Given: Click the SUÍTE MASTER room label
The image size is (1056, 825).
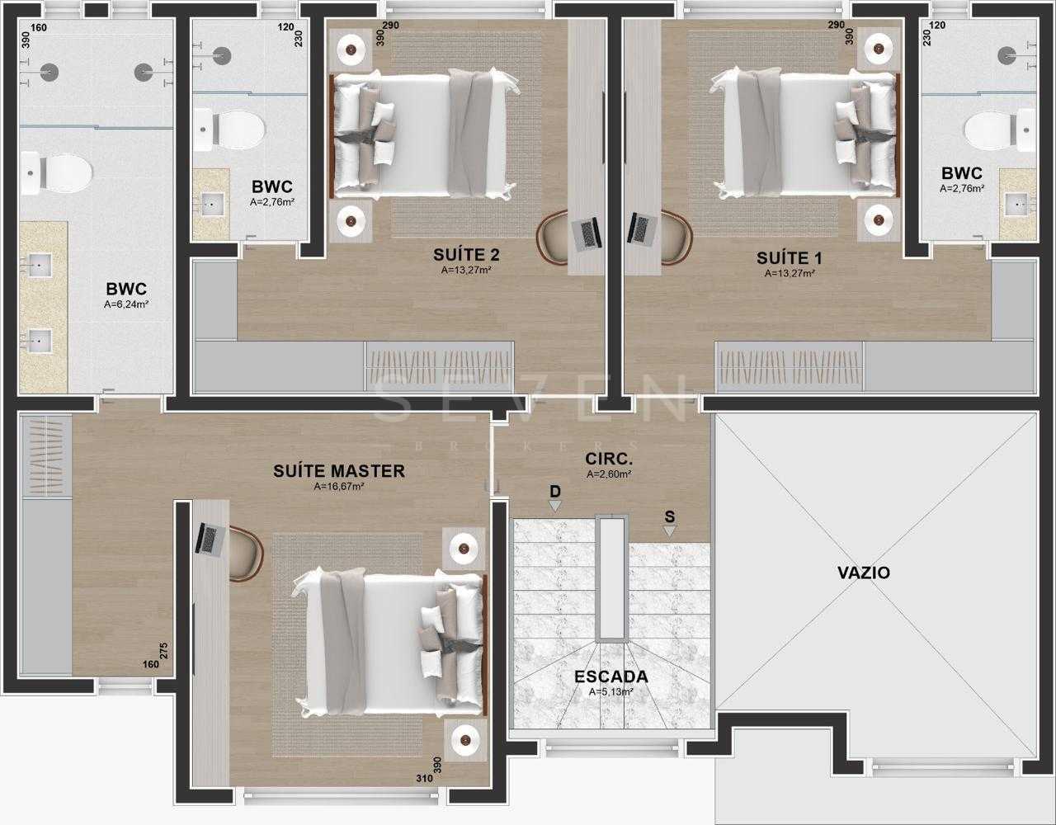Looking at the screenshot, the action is (339, 471).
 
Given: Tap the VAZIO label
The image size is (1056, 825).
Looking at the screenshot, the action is (864, 573).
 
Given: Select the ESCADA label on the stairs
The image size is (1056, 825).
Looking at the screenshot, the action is (610, 676).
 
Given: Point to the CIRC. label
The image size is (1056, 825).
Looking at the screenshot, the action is (609, 459).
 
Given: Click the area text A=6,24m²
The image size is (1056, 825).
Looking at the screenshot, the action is (126, 304).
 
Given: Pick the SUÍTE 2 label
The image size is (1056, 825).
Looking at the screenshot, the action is (466, 255).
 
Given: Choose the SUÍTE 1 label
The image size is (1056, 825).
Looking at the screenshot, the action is (790, 258).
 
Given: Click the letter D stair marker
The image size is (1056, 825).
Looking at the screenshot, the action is (555, 492).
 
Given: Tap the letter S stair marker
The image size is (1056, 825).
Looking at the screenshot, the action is (670, 516).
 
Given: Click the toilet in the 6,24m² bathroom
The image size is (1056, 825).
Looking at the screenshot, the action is (57, 173).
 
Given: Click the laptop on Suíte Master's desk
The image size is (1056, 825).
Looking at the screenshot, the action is (211, 540).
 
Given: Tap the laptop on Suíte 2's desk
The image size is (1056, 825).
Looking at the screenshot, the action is (587, 233).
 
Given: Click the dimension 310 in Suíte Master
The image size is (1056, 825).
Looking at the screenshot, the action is (424, 778).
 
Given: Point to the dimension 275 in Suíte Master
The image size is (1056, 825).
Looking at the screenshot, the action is (164, 651).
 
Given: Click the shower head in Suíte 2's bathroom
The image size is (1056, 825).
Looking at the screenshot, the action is (222, 55).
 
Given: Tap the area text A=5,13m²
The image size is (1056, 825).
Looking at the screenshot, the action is (610, 691).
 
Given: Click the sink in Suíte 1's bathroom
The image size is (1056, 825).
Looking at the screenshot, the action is (1016, 205).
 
